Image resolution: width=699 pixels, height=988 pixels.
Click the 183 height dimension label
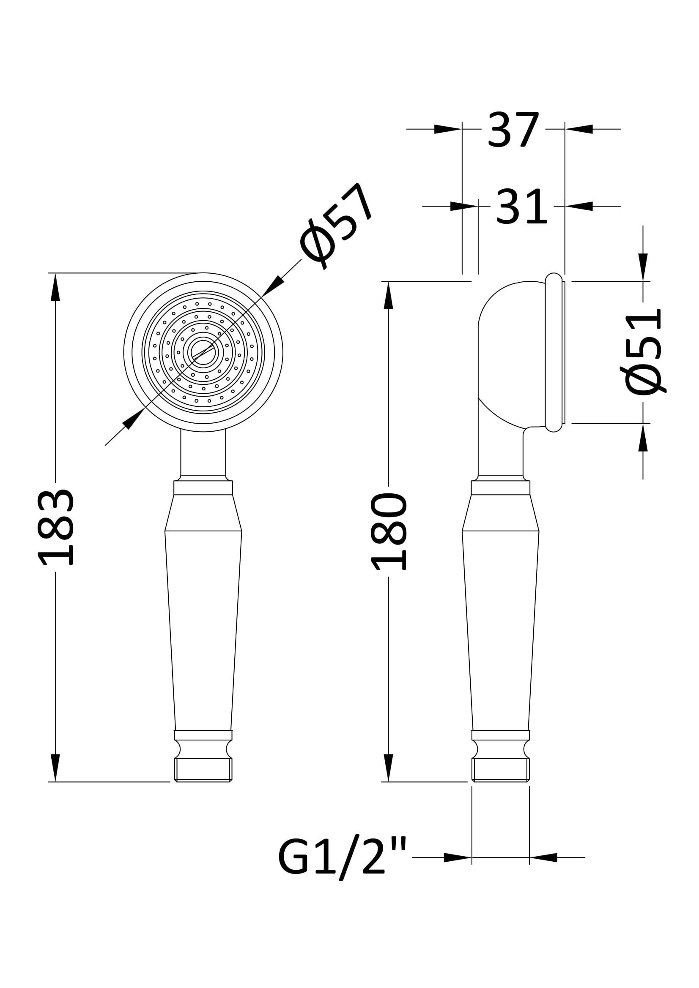(55, 527)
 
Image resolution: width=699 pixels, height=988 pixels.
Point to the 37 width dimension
(513, 129)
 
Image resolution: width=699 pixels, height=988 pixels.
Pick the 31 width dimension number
(521, 207)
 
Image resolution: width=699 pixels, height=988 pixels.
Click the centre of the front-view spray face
(203, 352)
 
